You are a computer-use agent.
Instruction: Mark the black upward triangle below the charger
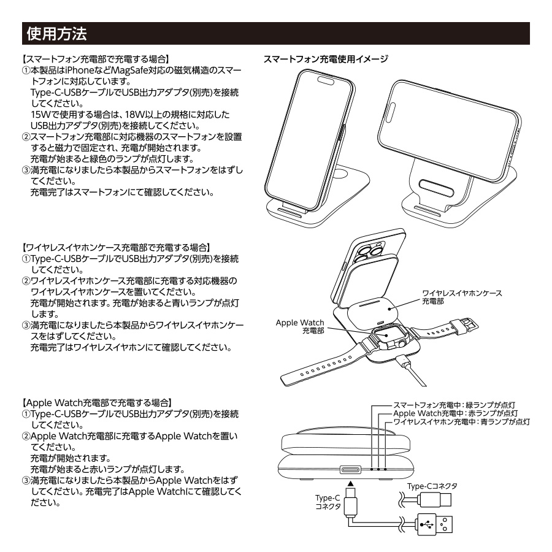(350, 484)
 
